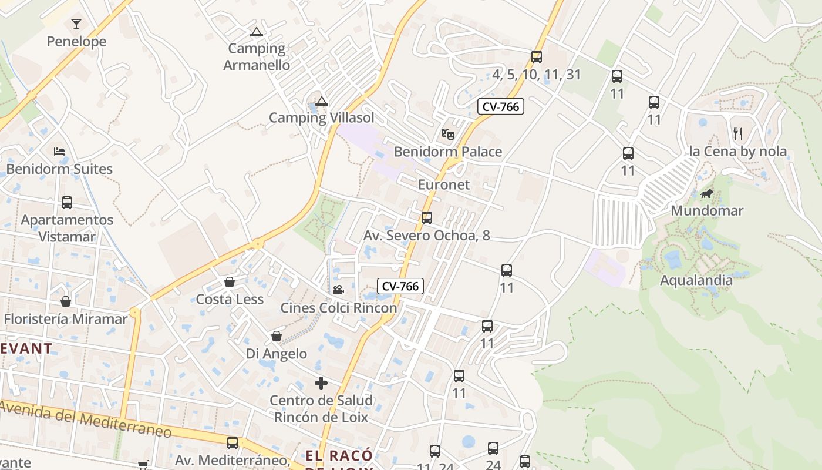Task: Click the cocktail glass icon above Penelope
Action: click(76, 24)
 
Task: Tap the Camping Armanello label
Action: click(257, 56)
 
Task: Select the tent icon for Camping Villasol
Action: click(321, 102)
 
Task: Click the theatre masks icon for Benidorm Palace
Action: click(448, 135)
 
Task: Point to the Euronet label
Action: click(444, 184)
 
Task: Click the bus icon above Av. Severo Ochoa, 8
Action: click(427, 218)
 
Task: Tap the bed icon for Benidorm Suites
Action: click(59, 152)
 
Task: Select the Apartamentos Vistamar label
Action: click(67, 228)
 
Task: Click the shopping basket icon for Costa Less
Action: click(230, 283)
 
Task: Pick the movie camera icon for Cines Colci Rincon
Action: click(338, 290)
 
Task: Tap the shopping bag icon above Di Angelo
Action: click(277, 337)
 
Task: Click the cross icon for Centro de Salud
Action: click(321, 383)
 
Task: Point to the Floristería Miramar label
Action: click(66, 319)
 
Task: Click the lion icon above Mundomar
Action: click(706, 193)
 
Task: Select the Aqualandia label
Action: click(696, 280)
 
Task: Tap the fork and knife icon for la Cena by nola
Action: click(738, 134)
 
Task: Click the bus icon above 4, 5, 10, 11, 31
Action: click(537, 57)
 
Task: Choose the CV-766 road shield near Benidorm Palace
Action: click(500, 106)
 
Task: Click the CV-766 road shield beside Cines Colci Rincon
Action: click(400, 286)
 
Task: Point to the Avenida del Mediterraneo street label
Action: click(86, 419)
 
